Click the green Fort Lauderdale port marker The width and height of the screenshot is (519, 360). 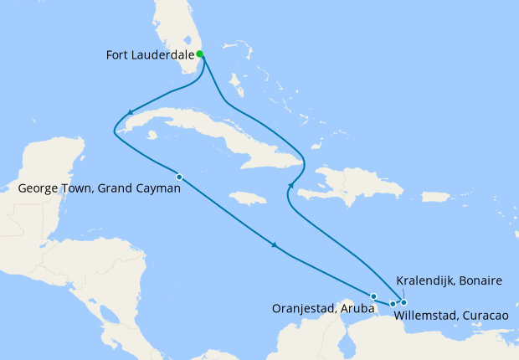[200, 54]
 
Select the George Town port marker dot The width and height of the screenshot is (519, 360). [179, 176]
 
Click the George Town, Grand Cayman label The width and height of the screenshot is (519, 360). [99, 189]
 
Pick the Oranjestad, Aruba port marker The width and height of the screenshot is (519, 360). [373, 296]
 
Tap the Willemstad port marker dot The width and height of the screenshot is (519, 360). [393, 303]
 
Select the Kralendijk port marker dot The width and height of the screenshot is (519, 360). [403, 302]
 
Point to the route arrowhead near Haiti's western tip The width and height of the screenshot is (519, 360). [291, 185]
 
